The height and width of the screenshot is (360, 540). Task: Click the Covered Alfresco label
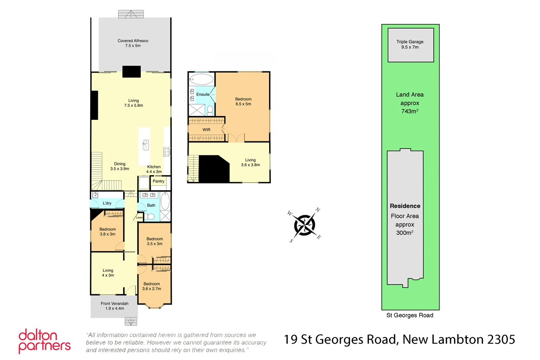(132, 43)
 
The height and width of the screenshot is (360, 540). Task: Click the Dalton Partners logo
(44, 341)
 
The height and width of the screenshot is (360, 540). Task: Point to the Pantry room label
(159, 181)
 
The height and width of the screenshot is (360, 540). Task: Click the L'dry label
(107, 203)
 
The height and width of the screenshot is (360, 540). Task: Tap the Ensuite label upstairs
(203, 95)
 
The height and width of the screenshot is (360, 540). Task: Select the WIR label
(206, 130)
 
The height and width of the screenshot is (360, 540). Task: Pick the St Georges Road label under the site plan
(410, 315)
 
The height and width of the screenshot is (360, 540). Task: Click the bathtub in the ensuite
(201, 80)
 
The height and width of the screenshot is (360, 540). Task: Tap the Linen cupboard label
(139, 218)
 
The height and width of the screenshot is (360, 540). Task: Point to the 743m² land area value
(409, 111)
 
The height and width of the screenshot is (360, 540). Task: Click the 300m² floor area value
(405, 233)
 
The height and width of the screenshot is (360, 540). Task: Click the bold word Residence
(405, 206)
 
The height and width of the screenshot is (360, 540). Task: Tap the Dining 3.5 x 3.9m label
(119, 166)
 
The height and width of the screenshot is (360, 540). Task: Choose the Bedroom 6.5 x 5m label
(243, 102)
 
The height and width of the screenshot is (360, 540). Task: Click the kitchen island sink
(146, 145)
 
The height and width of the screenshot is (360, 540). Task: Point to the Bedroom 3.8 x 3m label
(108, 232)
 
